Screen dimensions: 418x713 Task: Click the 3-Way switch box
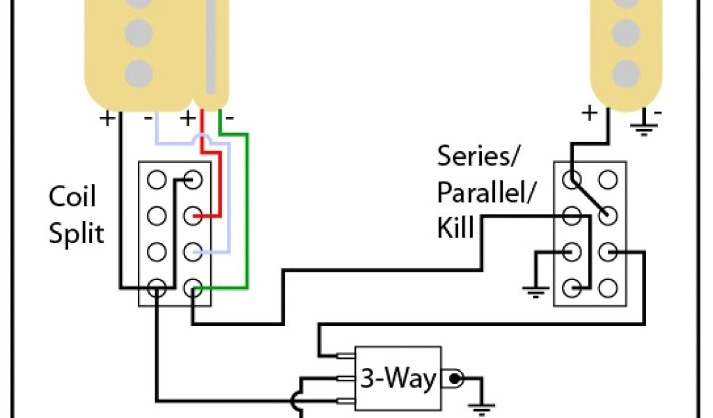coord(398,380)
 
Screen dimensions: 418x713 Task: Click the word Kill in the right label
coord(456,227)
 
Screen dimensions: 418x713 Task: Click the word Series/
coord(478,157)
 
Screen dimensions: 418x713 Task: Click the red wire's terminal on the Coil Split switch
coord(192,217)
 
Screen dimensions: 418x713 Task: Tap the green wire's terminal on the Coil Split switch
coord(192,286)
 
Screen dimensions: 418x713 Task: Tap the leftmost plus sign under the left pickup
coord(108,118)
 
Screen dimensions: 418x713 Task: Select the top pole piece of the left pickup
coord(140,3)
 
